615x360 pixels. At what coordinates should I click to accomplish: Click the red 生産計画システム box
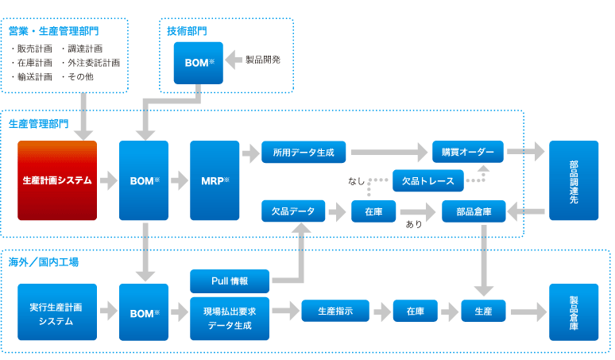tap(57, 180)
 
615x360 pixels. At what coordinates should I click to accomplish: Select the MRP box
tap(215, 180)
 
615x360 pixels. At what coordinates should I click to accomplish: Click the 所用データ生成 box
tap(304, 151)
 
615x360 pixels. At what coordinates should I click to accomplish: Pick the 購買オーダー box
tap(468, 151)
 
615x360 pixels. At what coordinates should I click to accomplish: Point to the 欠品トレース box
tap(428, 181)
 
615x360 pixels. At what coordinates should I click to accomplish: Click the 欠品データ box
tap(292, 211)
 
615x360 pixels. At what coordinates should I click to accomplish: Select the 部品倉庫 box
tap(474, 211)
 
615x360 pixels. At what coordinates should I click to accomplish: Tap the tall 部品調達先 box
tap(574, 180)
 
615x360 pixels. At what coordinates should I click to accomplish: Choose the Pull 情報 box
tap(230, 281)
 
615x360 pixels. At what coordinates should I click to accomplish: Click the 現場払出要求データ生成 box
tap(230, 318)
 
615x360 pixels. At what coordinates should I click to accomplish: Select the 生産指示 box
tap(335, 311)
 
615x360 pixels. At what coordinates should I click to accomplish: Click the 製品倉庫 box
tap(574, 312)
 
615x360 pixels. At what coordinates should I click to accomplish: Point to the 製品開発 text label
tap(263, 59)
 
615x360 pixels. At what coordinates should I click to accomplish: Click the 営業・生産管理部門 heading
tap(54, 31)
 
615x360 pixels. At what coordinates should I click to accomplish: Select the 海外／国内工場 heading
tap(44, 261)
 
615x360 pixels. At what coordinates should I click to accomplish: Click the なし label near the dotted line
tap(357, 182)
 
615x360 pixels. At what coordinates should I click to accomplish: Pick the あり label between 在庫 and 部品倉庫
tap(414, 224)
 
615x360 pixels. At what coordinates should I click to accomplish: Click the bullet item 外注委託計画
tap(94, 62)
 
